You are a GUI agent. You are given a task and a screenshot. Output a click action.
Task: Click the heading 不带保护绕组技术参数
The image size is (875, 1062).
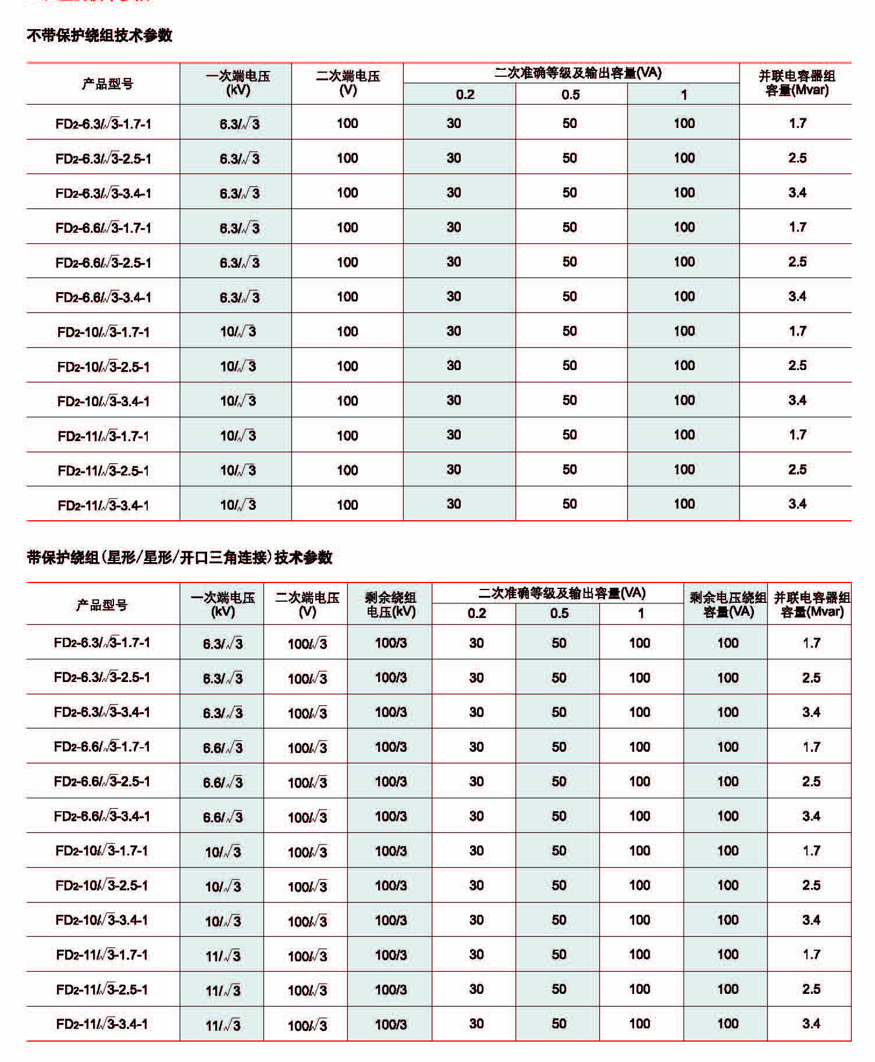pos(99,35)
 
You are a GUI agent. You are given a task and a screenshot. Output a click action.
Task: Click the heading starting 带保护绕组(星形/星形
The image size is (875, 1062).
pos(179,557)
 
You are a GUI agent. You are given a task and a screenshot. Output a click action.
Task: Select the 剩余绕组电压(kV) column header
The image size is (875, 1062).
pos(390,604)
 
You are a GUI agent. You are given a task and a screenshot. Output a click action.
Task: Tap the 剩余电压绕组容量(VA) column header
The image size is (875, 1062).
pos(727,604)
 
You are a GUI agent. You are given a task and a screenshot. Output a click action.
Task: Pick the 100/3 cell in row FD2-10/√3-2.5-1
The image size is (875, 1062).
pos(390,885)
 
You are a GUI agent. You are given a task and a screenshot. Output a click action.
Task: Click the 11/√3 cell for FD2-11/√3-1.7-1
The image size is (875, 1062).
pos(223,955)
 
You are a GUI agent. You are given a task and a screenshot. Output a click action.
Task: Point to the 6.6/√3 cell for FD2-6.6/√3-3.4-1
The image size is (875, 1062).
pos(223,816)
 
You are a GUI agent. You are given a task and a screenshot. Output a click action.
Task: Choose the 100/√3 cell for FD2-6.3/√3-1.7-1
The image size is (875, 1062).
pos(307,643)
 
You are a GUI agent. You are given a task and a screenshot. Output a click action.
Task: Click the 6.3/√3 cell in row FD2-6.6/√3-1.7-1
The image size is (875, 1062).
pos(239,228)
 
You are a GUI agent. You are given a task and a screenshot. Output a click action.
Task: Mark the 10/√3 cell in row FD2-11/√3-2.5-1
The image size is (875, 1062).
pos(238,470)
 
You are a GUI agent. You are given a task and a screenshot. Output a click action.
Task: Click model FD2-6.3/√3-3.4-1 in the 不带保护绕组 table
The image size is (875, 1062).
pos(103,193)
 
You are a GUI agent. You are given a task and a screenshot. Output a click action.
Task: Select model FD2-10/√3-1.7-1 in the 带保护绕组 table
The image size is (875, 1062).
pos(102,851)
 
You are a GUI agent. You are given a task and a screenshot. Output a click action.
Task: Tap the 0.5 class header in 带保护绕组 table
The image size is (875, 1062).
pos(559,613)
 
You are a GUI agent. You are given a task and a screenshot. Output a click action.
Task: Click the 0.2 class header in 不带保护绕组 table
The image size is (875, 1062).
pos(465,95)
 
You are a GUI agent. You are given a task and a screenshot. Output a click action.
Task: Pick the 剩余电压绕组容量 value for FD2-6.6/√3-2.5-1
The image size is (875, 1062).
pos(727,782)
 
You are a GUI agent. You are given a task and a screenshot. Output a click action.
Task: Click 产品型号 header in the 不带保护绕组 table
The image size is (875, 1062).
pos(108,84)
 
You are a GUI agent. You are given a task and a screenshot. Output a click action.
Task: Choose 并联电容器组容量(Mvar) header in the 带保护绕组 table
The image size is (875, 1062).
pos(812,604)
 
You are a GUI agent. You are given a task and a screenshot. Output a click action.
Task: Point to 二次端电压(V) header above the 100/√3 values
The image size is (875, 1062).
pos(307,604)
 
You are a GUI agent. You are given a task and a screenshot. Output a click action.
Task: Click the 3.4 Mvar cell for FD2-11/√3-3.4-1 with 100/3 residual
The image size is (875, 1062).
pos(811,1024)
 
